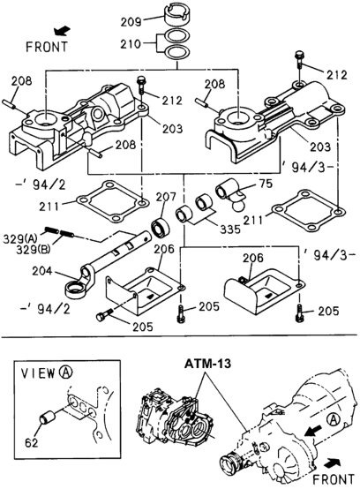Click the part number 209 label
click(130, 19)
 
